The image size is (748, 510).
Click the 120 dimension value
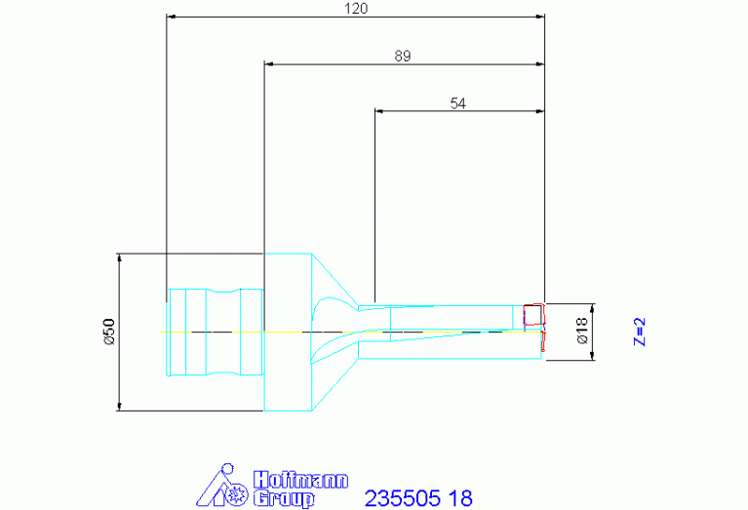pyautogui.click(x=356, y=8)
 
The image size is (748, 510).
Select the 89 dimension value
pyautogui.click(x=402, y=56)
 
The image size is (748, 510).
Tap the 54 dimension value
pyautogui.click(x=458, y=103)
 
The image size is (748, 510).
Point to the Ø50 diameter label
pyautogui.click(x=109, y=332)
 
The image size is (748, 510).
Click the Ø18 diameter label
pyautogui.click(x=582, y=332)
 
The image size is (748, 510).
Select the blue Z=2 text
pyautogui.click(x=639, y=332)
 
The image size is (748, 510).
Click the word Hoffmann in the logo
pyautogui.click(x=300, y=480)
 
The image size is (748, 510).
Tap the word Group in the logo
pyautogui.click(x=284, y=498)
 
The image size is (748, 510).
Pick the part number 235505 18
pyautogui.click(x=418, y=498)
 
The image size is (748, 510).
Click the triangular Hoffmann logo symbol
pyautogui.click(x=222, y=486)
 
